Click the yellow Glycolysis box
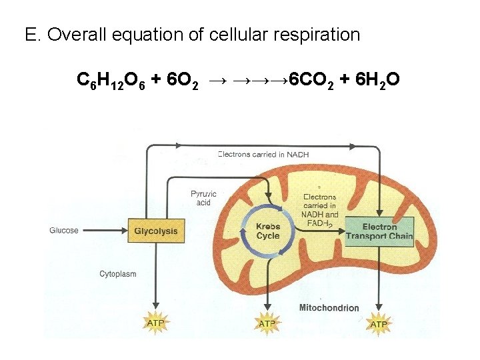[156, 231]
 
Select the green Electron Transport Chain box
[379, 231]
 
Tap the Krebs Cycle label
[268, 231]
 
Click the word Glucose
[64, 231]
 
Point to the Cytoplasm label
[118, 273]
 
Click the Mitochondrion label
[329, 308]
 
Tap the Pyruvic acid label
[203, 198]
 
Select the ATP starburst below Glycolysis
[155, 323]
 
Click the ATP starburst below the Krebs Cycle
[267, 323]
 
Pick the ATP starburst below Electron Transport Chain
[379, 324]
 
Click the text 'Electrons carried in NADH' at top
[263, 155]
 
